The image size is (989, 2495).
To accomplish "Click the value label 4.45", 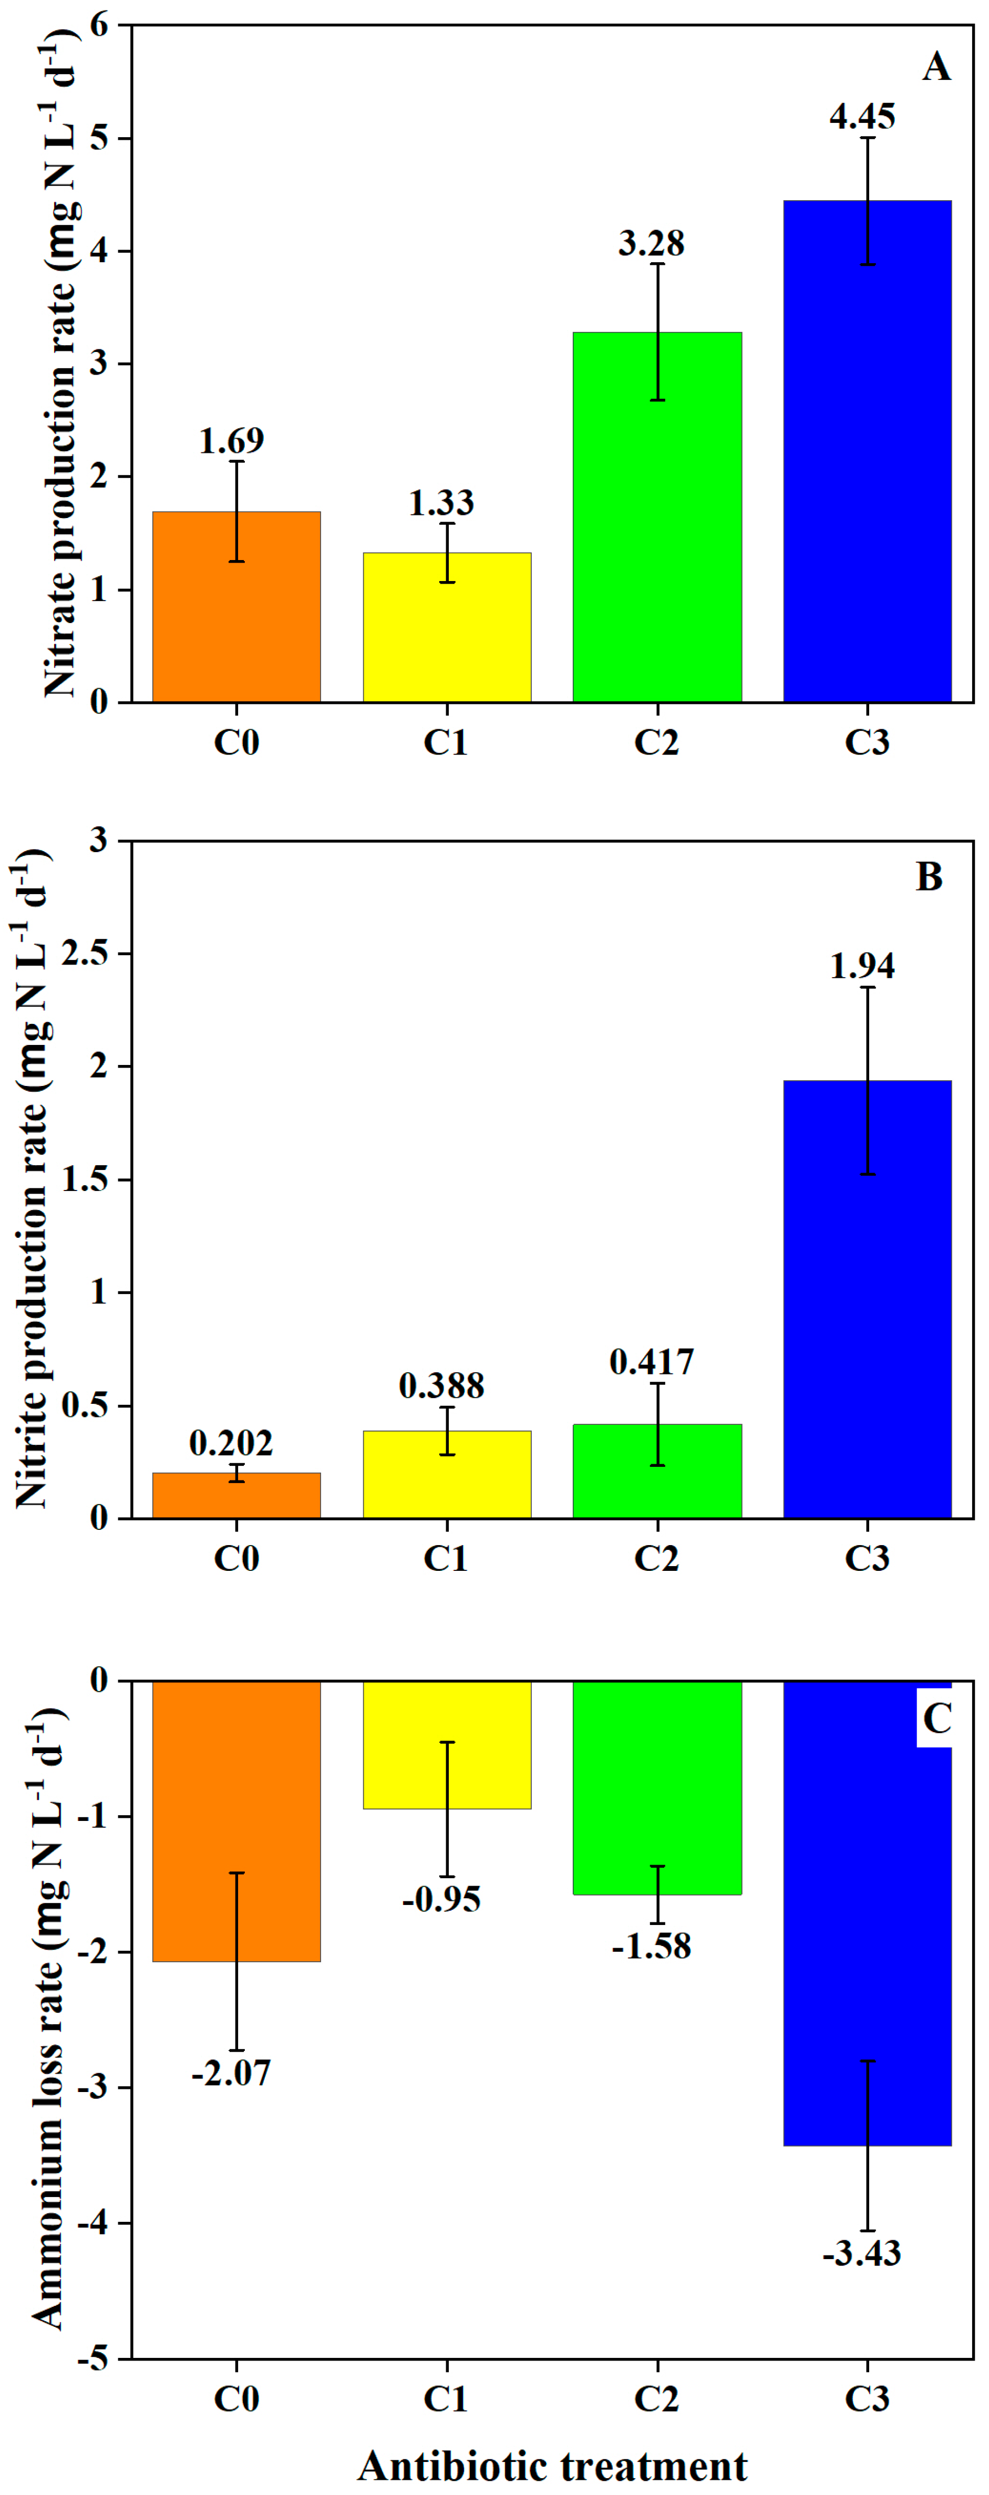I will [x=862, y=116].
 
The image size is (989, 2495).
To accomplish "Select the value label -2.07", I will [x=232, y=2073].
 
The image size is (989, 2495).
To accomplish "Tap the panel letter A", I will [x=936, y=67].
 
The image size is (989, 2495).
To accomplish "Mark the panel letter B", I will [x=929, y=876].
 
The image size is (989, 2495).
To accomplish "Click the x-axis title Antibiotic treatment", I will [x=552, y=2465].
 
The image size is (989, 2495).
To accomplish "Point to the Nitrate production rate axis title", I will [x=60, y=363].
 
